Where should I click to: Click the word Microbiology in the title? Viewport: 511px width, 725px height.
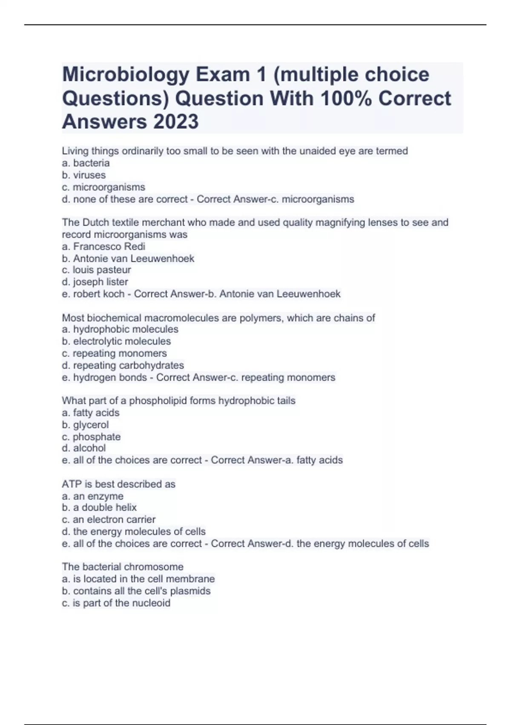coord(126,75)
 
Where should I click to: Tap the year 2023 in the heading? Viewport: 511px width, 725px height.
coord(175,122)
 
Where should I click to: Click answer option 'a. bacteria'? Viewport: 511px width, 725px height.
coord(86,163)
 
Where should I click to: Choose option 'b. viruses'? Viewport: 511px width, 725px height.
coord(84,175)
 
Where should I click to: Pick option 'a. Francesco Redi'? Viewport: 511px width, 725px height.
coord(103,246)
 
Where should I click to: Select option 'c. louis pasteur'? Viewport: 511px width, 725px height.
coord(97,270)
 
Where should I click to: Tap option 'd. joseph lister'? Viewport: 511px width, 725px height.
coord(95,282)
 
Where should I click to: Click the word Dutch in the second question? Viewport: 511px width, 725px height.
coord(95,223)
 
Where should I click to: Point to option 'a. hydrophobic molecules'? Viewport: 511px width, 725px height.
coord(120,329)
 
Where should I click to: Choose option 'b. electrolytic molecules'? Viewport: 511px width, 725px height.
coord(116,341)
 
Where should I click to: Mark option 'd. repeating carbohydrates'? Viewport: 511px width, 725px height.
coord(123,365)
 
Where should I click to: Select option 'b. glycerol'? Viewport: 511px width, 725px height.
coord(86,425)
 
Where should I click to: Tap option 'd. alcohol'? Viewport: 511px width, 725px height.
coord(84,448)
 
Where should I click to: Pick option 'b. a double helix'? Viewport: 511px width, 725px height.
coord(99,507)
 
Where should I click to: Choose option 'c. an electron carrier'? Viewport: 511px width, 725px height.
coord(109,519)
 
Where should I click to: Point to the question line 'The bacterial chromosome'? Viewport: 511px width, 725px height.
coord(123,567)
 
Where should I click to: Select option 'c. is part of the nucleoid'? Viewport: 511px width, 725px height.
coord(116,603)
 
